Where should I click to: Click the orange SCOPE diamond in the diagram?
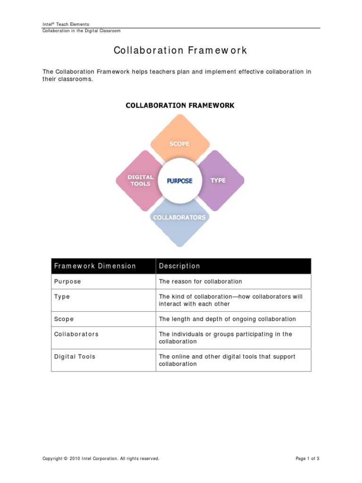coord(180,141)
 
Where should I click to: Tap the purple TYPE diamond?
coord(220,180)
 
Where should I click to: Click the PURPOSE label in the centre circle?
coord(180,181)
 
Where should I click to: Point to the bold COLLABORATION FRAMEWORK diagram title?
coord(180,105)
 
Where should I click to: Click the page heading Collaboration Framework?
coord(181,50)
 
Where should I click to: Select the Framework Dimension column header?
coord(95,266)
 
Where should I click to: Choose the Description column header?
coord(180,266)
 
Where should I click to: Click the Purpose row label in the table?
coord(67,282)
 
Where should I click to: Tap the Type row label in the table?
coord(62,297)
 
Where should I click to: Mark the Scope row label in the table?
coord(64,319)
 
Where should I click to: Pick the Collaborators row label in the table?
coord(76,334)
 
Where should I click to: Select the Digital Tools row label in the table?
coord(74,357)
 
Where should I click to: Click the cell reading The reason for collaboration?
coord(200,282)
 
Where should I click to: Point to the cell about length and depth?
coord(227,319)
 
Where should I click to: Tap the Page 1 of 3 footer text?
coord(307,458)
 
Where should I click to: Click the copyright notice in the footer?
coord(101,458)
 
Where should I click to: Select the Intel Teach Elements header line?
coord(66,24)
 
